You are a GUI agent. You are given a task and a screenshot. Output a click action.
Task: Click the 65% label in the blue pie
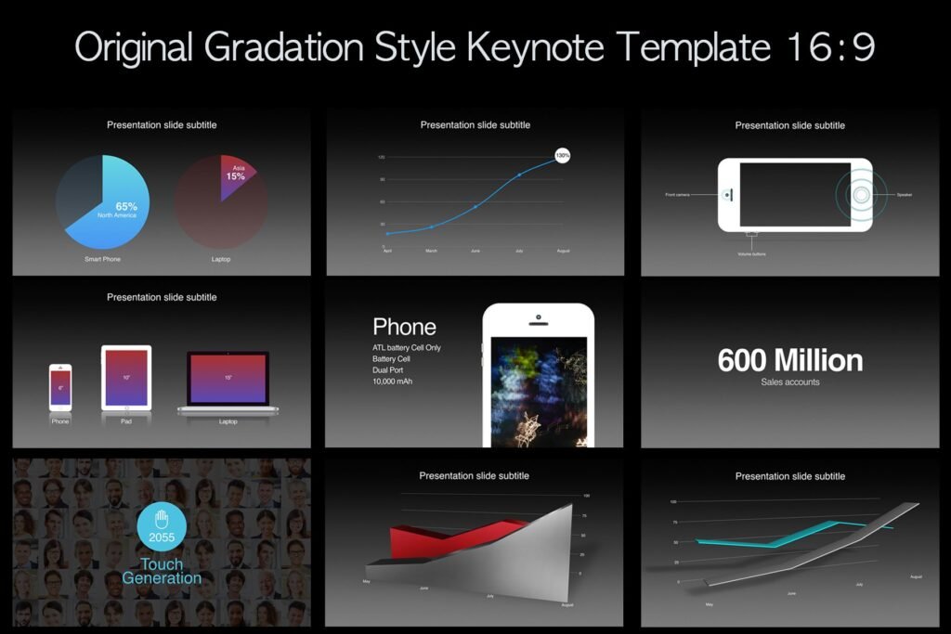[x=126, y=206]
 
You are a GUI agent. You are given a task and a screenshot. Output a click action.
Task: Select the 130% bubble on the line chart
[x=562, y=155]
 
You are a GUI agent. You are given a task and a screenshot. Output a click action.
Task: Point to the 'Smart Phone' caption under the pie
[x=102, y=259]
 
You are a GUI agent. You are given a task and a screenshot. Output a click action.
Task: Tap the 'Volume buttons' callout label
[x=752, y=253]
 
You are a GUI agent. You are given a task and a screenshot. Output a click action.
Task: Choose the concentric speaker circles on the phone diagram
[x=862, y=195]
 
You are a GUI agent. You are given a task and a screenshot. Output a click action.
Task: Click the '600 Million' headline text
[x=790, y=360]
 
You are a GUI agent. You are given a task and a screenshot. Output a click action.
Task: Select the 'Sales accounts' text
[x=790, y=382]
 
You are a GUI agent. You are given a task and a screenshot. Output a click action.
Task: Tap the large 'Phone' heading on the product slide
[x=404, y=327]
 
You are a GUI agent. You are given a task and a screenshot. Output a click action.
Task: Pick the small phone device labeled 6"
[x=60, y=387]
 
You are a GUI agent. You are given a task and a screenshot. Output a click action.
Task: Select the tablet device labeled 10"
[x=126, y=378]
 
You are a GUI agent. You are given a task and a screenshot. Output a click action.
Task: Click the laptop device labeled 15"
[x=228, y=379]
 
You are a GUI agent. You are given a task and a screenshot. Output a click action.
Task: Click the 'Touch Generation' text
[x=162, y=571]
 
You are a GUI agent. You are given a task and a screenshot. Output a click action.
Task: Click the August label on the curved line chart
[x=563, y=251]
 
